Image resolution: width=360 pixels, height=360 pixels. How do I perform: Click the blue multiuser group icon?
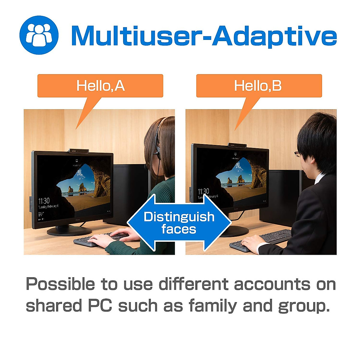[39, 35]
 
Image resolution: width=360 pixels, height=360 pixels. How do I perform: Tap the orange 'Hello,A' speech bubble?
[100, 86]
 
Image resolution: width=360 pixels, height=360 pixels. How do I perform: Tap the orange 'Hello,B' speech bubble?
[259, 86]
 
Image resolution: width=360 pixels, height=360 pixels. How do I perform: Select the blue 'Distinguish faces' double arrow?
[179, 223]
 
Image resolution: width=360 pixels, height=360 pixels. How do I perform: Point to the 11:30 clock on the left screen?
[44, 201]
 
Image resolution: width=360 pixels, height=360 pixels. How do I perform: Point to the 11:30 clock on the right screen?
[203, 191]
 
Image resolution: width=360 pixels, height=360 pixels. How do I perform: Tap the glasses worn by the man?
[297, 154]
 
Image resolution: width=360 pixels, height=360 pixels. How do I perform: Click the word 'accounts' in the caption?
[272, 284]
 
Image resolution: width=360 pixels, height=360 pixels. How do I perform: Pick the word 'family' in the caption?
[213, 306]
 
